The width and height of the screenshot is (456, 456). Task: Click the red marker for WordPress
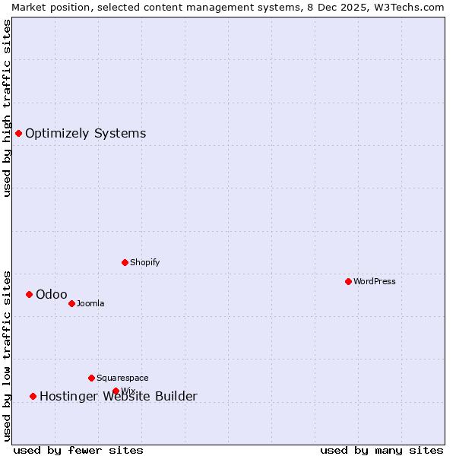pos(348,281)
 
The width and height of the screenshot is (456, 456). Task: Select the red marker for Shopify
pos(125,262)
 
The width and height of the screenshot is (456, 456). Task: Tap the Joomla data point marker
pos(71,303)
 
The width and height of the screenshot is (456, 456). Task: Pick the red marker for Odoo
pos(29,294)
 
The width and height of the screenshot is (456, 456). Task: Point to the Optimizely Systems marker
pos(18,133)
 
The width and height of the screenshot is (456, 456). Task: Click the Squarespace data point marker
pos(91,378)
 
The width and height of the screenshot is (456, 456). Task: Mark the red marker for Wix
pos(116,391)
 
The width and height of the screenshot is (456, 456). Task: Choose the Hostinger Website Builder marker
pos(33,396)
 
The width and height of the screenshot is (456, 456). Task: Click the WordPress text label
pos(375,281)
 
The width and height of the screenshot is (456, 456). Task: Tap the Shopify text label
pos(145,262)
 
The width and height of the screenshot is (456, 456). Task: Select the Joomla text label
pos(90,303)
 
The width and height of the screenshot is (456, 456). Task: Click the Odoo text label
pos(52,294)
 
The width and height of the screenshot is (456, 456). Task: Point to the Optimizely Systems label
pos(86,133)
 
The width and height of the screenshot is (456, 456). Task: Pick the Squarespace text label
pos(122,378)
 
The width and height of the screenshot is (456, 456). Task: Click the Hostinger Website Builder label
pos(119,396)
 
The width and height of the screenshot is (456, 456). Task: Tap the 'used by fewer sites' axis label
pos(78,450)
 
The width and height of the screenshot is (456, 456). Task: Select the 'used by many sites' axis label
pos(382,450)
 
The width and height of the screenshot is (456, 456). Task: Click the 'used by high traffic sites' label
pos(7,108)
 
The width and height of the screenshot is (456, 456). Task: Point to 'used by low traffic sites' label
pos(7,355)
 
